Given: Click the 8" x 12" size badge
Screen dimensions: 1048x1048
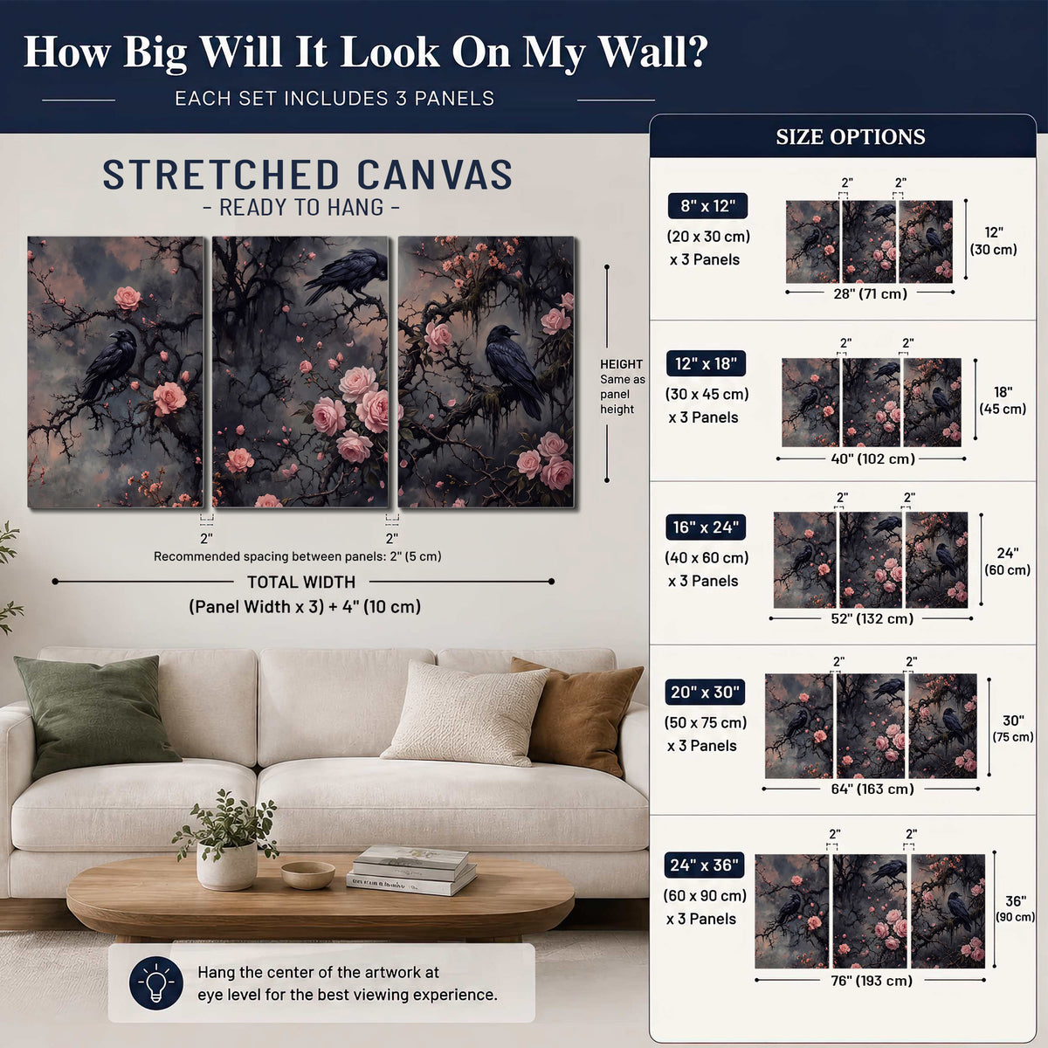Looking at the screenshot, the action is coord(707,206).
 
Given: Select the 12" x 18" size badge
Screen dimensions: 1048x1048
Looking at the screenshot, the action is coord(706,364).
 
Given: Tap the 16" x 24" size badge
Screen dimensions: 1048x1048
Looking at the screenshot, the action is coord(706,527).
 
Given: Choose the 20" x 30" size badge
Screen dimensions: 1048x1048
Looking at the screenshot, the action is coord(705,693).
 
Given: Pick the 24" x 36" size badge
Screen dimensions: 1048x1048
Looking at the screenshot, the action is coord(704,865).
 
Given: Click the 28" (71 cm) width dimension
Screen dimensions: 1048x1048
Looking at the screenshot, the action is coord(870,293).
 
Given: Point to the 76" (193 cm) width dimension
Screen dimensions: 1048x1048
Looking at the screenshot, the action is coord(872,981).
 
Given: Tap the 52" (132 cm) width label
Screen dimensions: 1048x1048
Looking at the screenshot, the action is coord(872,618).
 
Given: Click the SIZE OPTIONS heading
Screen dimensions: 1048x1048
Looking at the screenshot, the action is coord(850,136).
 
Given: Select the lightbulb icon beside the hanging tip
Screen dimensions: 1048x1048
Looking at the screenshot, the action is coord(156,983).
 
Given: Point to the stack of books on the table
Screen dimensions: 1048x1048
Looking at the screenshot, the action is coord(411,871).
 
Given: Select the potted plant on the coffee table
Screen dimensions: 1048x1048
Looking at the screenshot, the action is coord(226,840).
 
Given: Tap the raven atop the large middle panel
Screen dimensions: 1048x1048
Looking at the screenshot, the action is coord(346,273).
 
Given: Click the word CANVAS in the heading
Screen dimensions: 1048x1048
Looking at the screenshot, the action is coord(435,175).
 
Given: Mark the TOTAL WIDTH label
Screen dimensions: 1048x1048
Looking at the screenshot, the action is coord(301,582).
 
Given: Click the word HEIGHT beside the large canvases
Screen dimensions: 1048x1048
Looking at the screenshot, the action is coord(621,364).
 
